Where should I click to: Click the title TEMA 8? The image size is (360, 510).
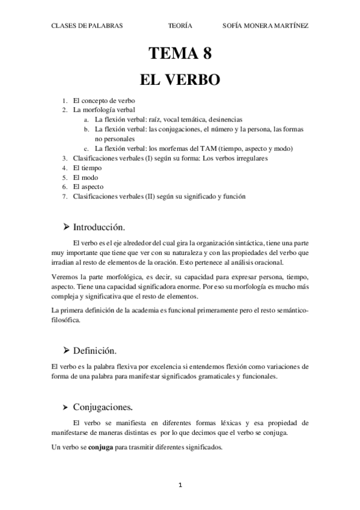(180, 54)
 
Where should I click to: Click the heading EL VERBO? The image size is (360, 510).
(180, 79)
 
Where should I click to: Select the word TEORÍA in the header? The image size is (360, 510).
(180, 26)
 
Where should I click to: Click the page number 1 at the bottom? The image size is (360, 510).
(180, 484)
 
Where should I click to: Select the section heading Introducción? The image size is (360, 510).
(99, 227)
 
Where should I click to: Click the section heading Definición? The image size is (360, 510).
(94, 350)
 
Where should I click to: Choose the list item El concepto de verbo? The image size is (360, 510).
(104, 101)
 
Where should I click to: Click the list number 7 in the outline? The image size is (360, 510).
(65, 196)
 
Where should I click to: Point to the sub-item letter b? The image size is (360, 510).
(87, 129)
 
